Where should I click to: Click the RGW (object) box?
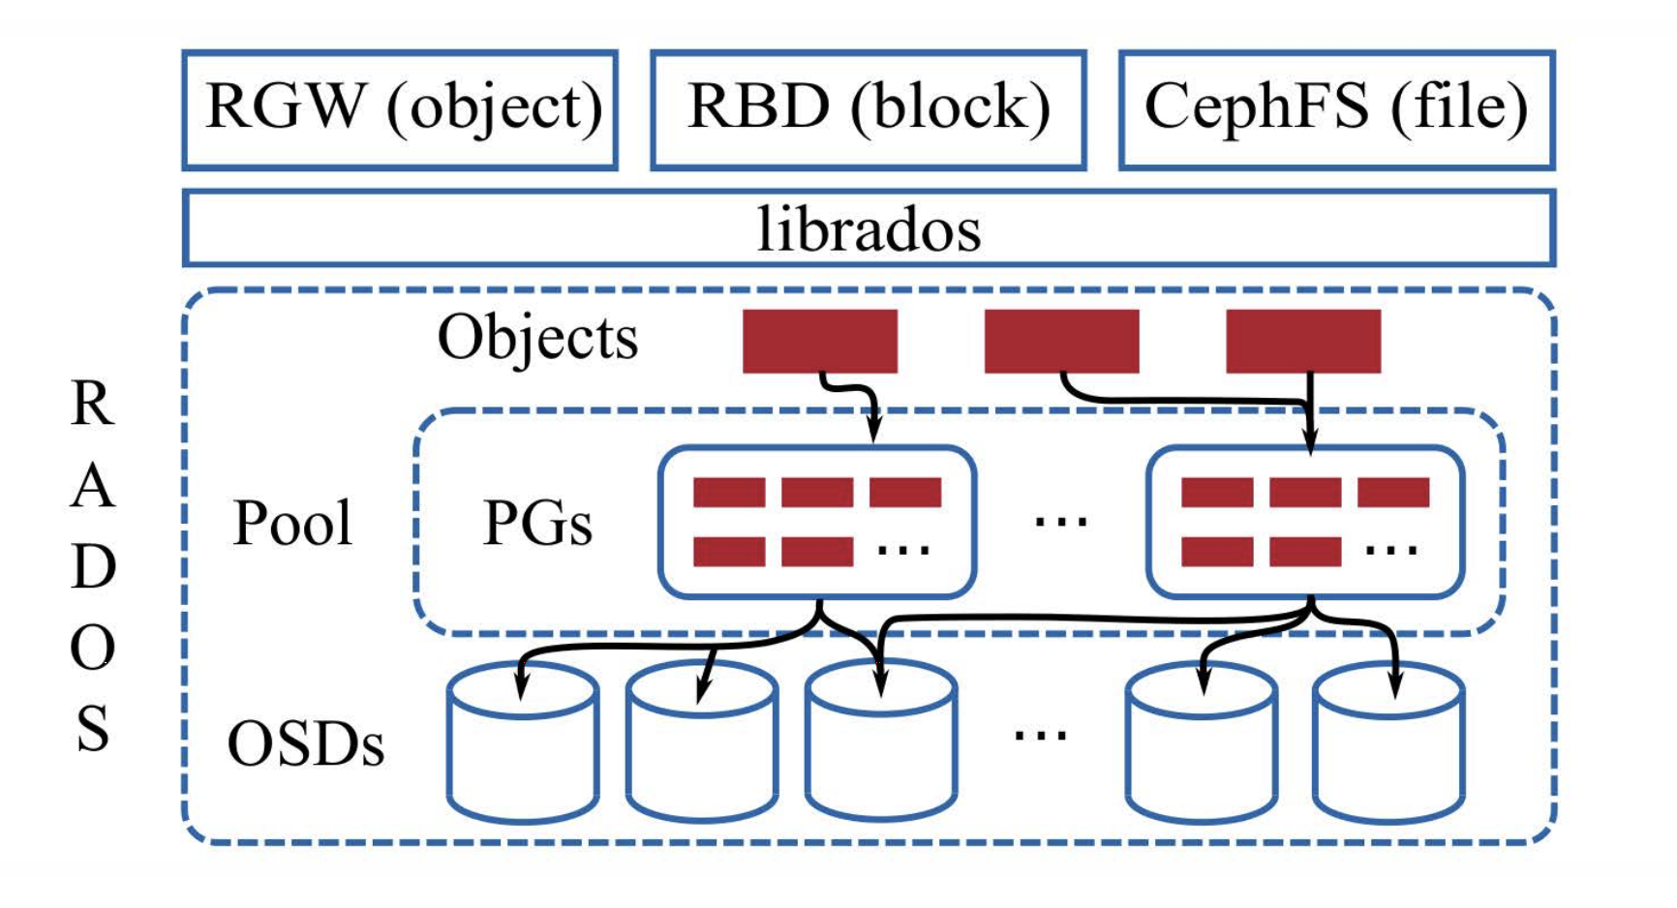[400, 109]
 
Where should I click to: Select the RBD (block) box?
[868, 109]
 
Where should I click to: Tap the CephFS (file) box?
[1336, 109]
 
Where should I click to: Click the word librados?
[869, 229]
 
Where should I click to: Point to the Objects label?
[537, 339]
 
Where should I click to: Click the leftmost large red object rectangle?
[819, 341]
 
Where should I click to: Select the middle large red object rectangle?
[1061, 341]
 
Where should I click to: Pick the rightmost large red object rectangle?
[1303, 341]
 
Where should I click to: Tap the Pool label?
[292, 524]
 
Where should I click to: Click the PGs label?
[537, 524]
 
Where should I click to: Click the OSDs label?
[306, 744]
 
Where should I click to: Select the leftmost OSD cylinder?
[523, 745]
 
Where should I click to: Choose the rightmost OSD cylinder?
[1388, 745]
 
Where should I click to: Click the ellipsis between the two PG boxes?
[1061, 522]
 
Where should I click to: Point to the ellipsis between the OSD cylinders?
[1041, 735]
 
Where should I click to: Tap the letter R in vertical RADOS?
[93, 404]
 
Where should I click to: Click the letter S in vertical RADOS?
[93, 729]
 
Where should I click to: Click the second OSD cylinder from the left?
[701, 745]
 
